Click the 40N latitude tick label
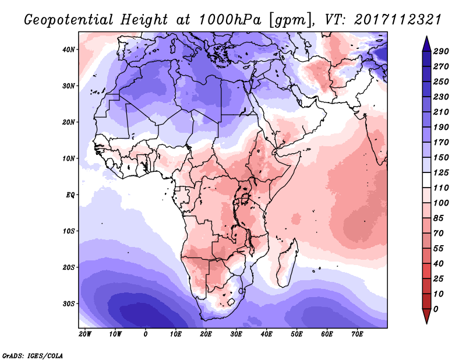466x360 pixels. (x=69, y=50)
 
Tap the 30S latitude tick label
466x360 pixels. (x=69, y=303)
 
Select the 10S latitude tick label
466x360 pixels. (x=69, y=231)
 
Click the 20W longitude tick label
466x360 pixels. (x=85, y=334)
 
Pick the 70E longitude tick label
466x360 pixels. (x=357, y=334)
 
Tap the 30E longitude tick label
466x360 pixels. (x=236, y=334)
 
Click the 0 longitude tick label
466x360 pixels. (x=146, y=334)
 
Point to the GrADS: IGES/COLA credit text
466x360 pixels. (x=33, y=355)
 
